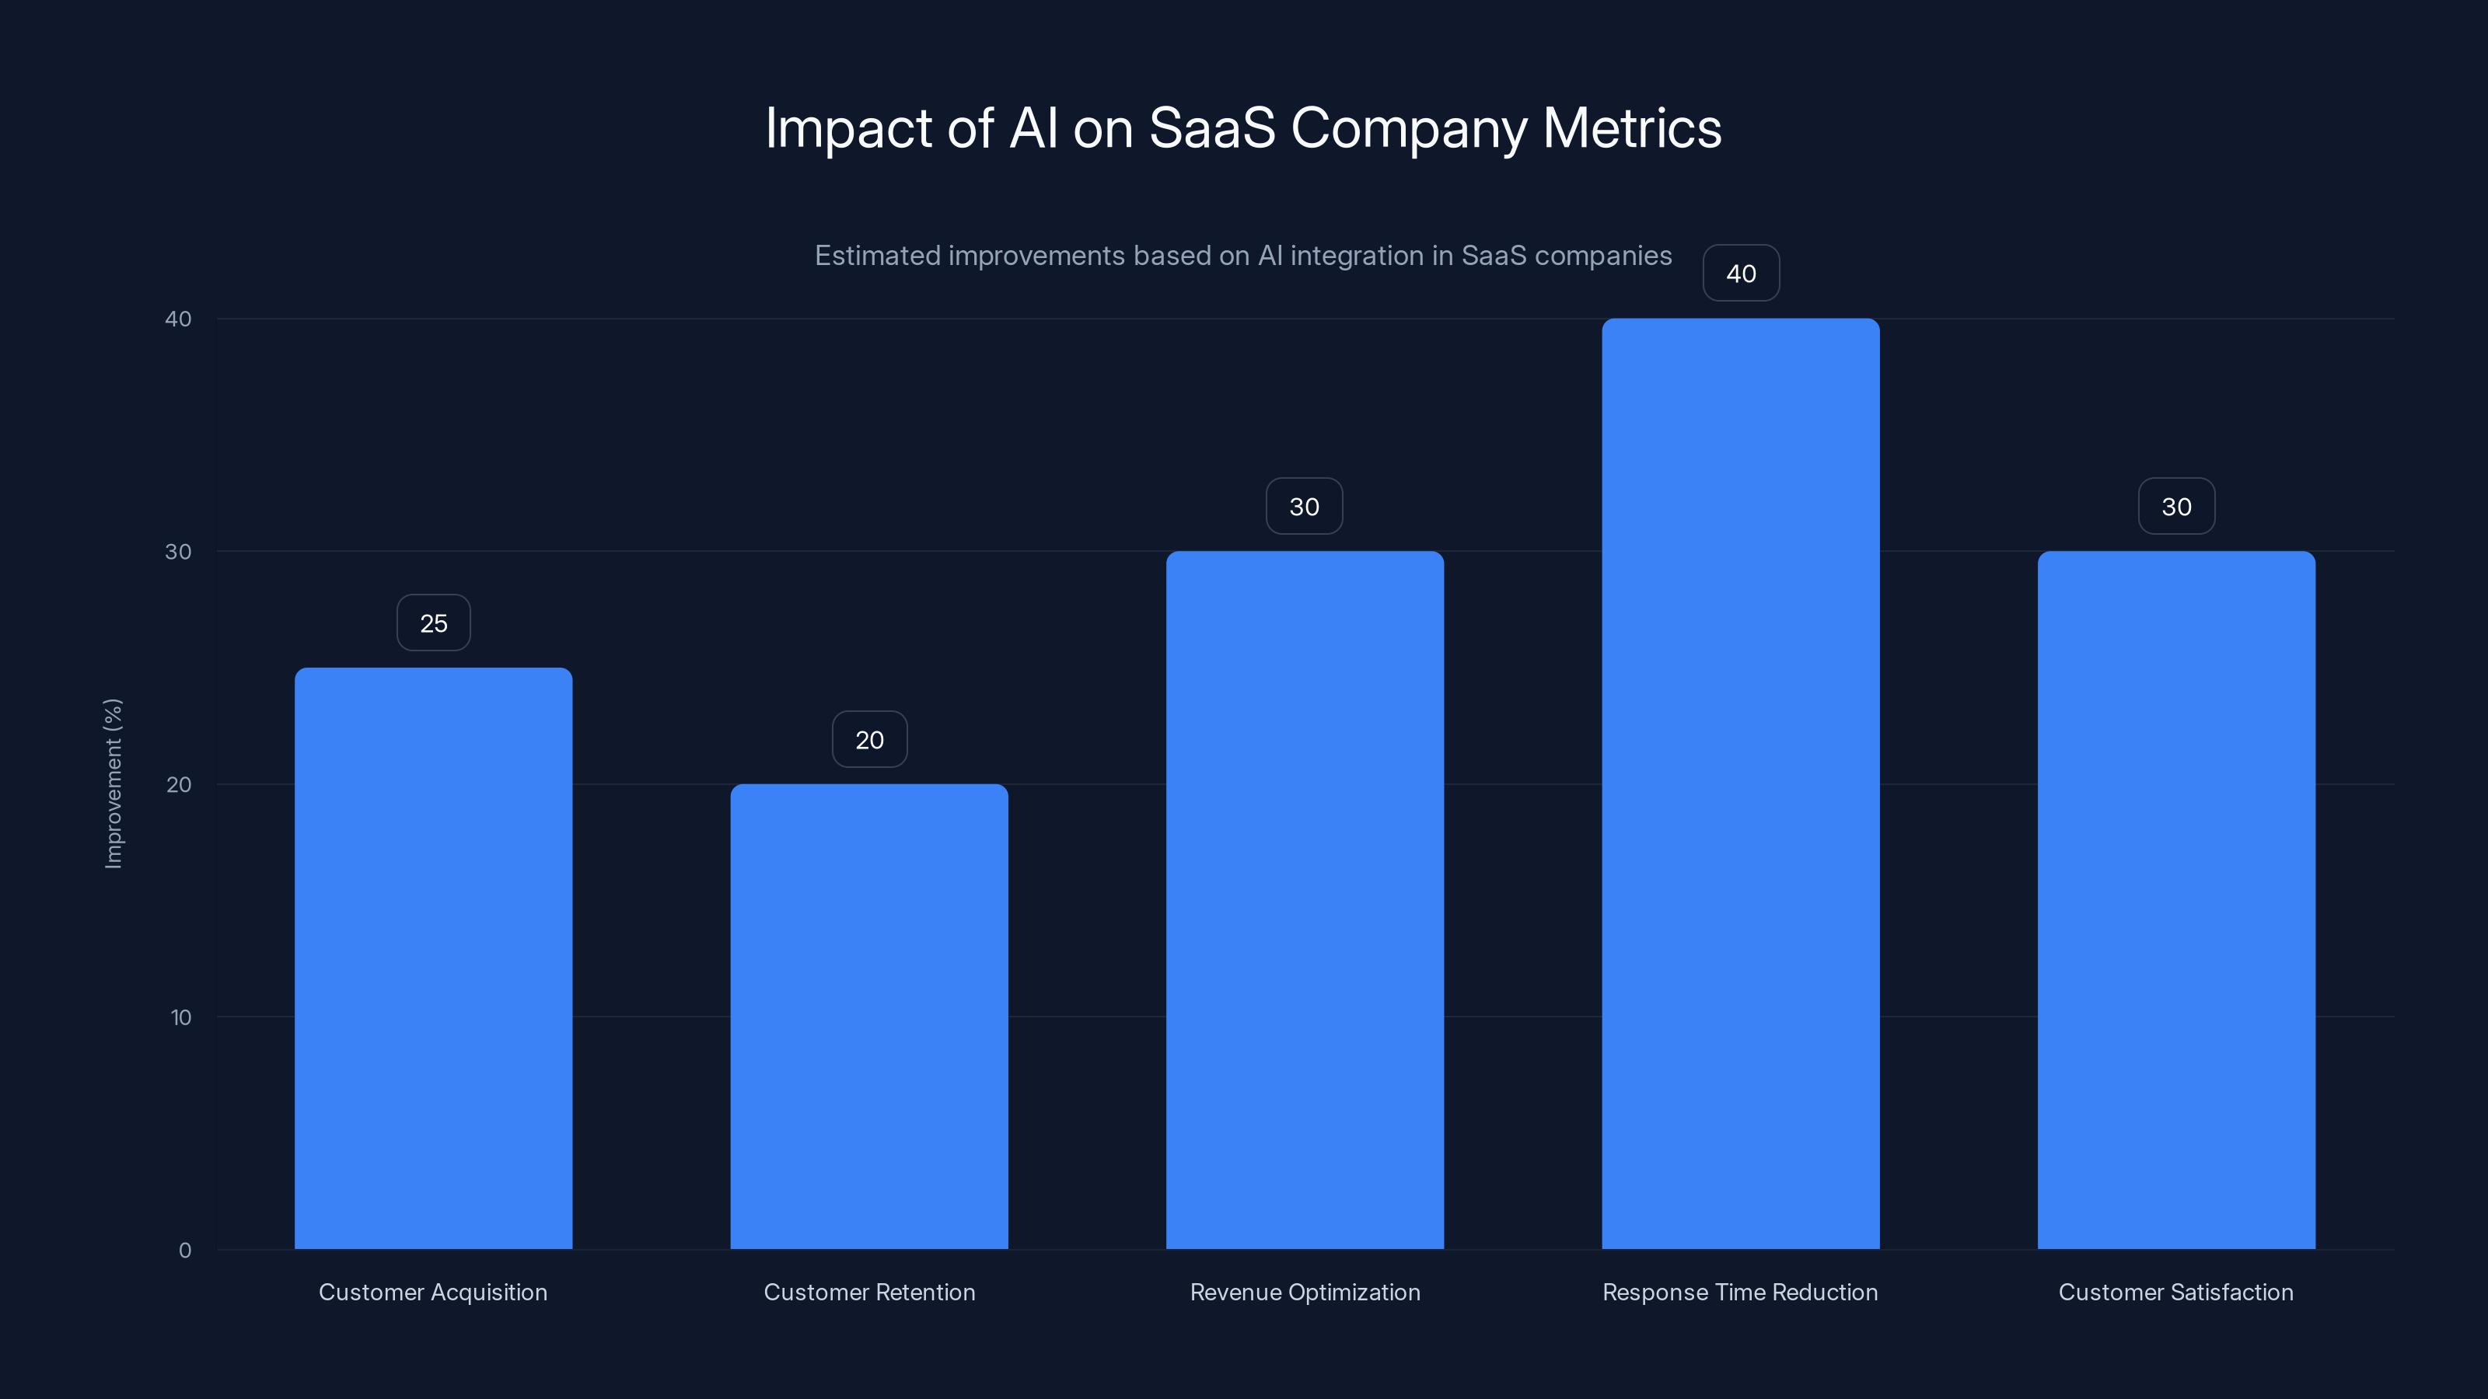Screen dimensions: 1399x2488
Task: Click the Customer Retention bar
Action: [x=868, y=1016]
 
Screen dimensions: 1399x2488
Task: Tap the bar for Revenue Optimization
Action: [x=1304, y=900]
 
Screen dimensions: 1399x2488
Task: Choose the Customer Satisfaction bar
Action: [x=2176, y=900]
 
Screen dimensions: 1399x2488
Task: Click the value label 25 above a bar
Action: [x=434, y=623]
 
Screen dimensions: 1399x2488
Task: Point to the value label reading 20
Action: [x=869, y=740]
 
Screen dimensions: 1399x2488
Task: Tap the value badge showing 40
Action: [x=1741, y=274]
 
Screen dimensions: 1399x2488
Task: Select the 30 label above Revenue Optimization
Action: [x=1304, y=506]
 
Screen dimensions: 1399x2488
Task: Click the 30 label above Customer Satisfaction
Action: [x=2176, y=506]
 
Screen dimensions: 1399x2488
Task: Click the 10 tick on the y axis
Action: [x=180, y=1017]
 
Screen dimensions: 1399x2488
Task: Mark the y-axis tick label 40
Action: [x=178, y=319]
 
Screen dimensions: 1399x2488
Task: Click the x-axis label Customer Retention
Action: [x=869, y=1292]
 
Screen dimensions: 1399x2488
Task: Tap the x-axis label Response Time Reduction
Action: [x=1739, y=1292]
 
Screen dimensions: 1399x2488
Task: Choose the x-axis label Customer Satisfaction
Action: [x=2175, y=1292]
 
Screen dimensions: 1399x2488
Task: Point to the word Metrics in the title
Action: [x=1631, y=127]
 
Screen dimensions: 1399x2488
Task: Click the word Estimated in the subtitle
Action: [x=876, y=255]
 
